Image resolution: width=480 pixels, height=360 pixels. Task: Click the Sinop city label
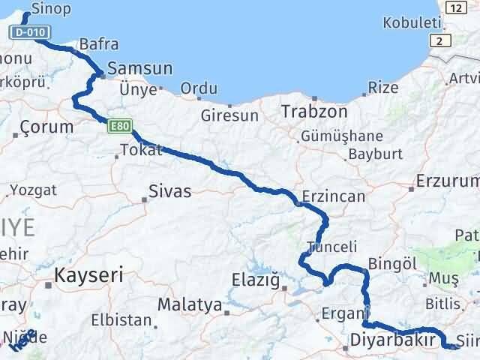click(50, 9)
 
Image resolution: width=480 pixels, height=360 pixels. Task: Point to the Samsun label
click(140, 69)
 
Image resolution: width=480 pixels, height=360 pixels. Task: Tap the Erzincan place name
click(333, 197)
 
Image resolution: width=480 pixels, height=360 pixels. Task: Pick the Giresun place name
click(229, 115)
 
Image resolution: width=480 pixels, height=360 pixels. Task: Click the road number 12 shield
click(454, 7)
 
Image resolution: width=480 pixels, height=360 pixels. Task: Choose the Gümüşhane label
click(341, 136)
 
